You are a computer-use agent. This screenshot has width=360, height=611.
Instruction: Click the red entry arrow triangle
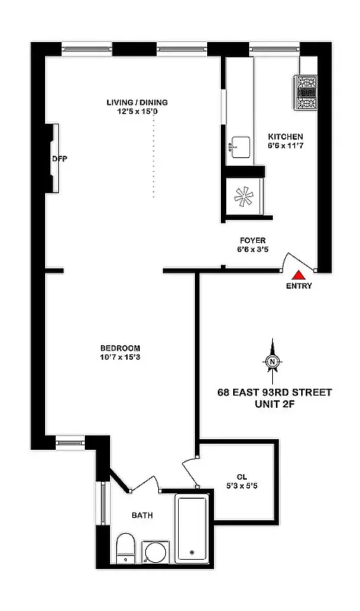[299, 273]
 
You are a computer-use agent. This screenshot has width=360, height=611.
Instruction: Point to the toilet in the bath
[126, 548]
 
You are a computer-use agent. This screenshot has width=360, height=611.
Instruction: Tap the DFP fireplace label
[60, 160]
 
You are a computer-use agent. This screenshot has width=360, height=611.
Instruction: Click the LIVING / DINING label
[137, 102]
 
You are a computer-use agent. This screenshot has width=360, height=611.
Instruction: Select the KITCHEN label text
[286, 137]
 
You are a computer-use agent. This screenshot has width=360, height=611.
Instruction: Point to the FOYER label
[252, 240]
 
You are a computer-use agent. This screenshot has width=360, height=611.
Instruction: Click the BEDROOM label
[119, 348]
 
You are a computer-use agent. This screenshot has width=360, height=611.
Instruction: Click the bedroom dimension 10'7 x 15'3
[119, 357]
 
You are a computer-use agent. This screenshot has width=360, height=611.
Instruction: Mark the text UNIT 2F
[275, 405]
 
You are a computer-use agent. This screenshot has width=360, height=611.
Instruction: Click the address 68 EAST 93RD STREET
[275, 393]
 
